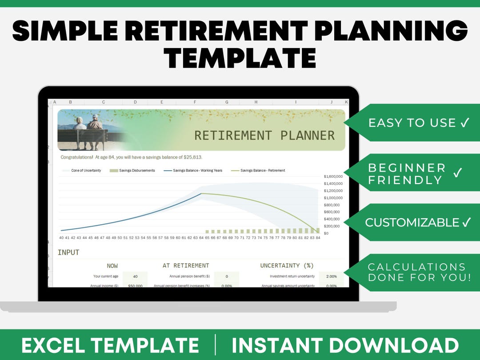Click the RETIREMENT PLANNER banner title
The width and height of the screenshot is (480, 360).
pyautogui.click(x=264, y=136)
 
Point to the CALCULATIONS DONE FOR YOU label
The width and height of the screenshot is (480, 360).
pyautogui.click(x=416, y=272)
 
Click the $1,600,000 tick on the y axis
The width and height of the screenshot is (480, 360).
pyautogui.click(x=333, y=176)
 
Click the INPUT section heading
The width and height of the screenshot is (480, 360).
pyautogui.click(x=68, y=252)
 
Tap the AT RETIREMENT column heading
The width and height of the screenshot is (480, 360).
pyautogui.click(x=185, y=265)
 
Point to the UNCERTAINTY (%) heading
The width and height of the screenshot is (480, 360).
pyautogui.click(x=287, y=265)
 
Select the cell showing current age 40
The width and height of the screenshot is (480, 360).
pyautogui.click(x=135, y=276)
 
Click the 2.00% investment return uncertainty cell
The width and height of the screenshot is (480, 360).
pyautogui.click(x=331, y=276)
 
